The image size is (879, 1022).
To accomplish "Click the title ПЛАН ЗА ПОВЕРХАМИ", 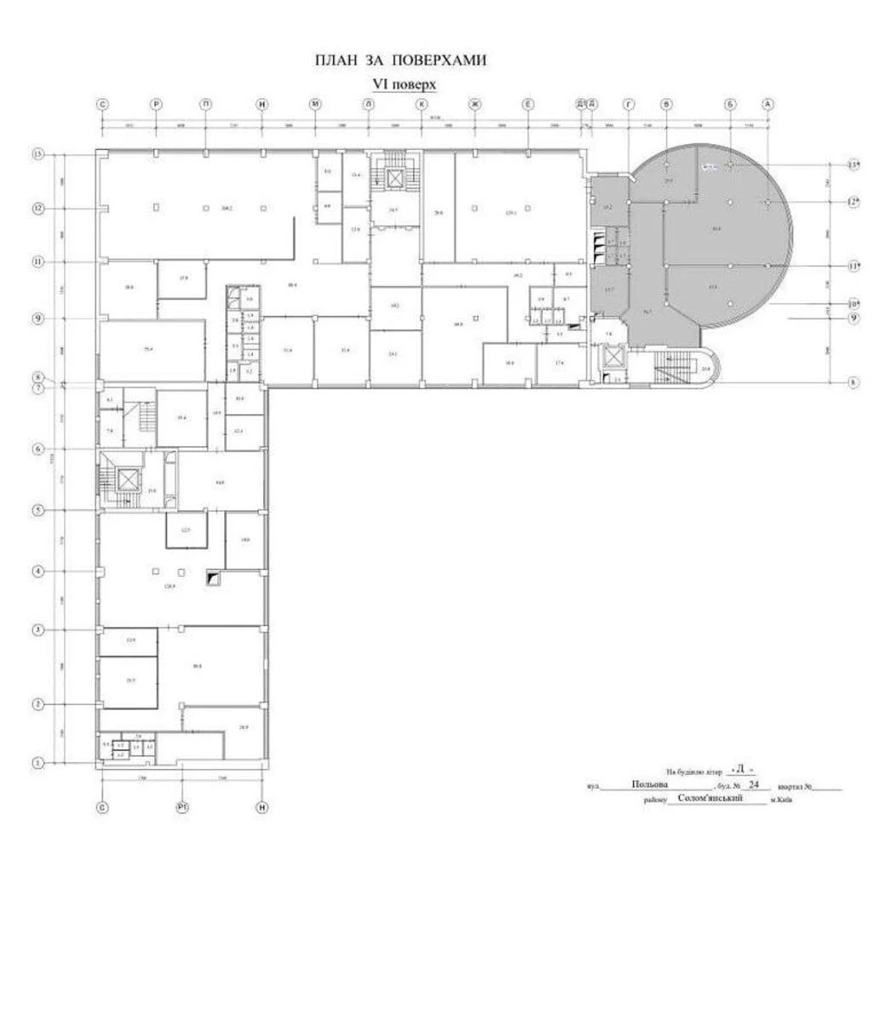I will tap(400, 61).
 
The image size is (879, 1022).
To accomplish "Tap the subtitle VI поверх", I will tap(405, 84).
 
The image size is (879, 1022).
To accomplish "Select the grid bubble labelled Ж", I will tap(475, 104).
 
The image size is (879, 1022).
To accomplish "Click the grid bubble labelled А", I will tap(767, 104).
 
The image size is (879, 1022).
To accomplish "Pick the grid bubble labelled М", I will tap(315, 104).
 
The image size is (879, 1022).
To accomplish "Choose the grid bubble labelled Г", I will tap(629, 104).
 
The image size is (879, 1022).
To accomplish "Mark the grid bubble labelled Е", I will tap(528, 104).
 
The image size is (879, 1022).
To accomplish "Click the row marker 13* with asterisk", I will tap(853, 164).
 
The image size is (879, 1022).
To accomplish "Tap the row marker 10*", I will tap(853, 303).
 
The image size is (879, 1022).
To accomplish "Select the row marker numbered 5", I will tap(37, 510).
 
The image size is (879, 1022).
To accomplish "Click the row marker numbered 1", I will tap(37, 763).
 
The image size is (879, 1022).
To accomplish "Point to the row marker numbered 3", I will tap(37, 630).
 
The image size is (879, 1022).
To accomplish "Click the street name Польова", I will tap(650, 785).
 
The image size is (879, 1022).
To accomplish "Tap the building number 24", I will tap(751, 785).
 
